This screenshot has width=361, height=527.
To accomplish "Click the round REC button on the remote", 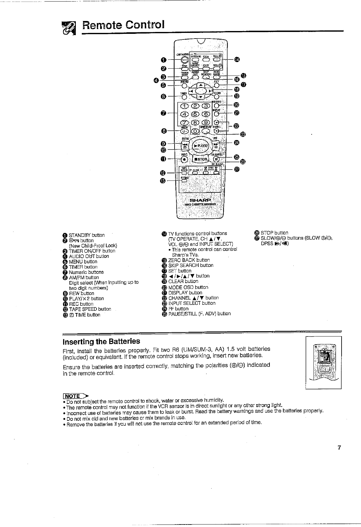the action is click(x=185, y=159).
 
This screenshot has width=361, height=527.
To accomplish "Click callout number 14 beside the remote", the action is click(x=237, y=60).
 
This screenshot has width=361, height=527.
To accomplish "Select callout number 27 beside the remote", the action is click(x=237, y=170).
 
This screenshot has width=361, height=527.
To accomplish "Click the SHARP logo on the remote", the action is click(x=201, y=200).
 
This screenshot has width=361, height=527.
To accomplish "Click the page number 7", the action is click(x=339, y=447).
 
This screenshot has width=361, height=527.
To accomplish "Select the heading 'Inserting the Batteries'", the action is click(x=101, y=341).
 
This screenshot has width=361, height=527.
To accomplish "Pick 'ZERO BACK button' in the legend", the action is click(x=189, y=260).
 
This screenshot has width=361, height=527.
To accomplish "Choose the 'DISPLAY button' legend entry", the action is click(x=185, y=293).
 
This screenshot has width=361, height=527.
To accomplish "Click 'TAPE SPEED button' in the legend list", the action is click(x=90, y=309).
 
